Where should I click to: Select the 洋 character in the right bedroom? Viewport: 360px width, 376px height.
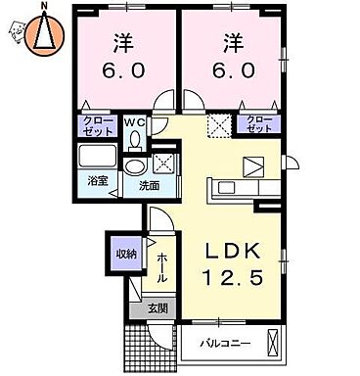[x=232, y=44]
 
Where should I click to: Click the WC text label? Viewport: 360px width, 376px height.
[x=134, y=122]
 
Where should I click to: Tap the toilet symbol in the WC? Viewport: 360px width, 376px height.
[x=134, y=139]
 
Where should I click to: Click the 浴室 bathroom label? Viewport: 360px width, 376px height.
[x=97, y=181]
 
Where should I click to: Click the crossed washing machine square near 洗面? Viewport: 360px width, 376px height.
[x=163, y=164]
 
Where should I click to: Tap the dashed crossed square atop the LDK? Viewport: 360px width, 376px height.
[x=219, y=125]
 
